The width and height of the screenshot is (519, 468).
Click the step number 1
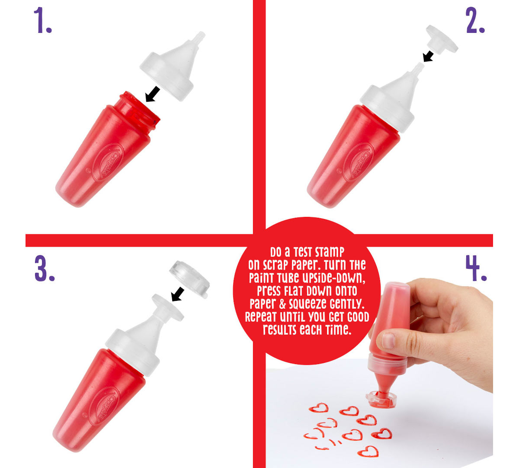coord(43,20)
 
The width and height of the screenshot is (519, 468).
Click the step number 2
coord(475,20)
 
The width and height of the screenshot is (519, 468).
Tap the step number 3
coord(45,268)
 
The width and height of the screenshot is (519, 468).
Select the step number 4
coord(476,268)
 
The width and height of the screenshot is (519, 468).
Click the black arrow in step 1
coord(153,94)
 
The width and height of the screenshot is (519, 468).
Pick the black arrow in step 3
coord(178,294)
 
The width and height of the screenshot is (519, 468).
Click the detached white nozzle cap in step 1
coord(173,66)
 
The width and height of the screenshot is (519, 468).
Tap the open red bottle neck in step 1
coord(140,109)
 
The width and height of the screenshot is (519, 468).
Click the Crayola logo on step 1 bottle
coord(108,162)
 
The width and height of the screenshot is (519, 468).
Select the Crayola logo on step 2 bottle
coord(359,162)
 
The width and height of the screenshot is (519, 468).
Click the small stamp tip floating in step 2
coord(442,39)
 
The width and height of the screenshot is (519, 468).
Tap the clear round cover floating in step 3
coord(189,279)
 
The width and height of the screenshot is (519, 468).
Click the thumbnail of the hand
coord(388,341)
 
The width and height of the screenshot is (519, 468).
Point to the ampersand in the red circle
coord(282,304)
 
